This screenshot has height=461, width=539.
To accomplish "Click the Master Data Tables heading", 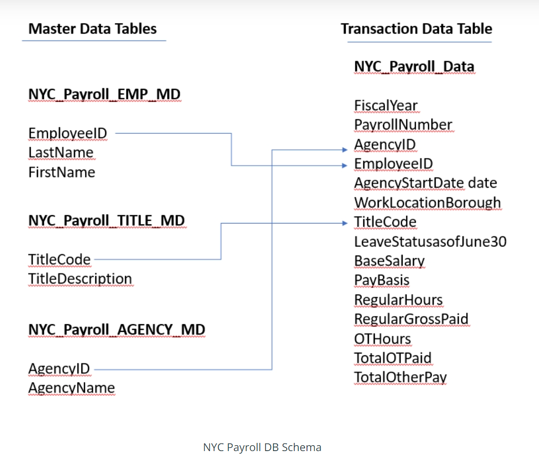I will (x=93, y=29).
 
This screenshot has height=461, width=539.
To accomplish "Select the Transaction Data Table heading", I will (x=416, y=29).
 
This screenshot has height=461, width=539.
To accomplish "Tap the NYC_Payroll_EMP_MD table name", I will (x=104, y=94).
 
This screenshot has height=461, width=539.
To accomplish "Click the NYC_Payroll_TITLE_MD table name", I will (x=107, y=221).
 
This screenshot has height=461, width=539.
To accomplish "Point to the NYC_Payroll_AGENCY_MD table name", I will (x=116, y=330).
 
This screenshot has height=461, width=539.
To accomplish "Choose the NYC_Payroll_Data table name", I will (x=414, y=67).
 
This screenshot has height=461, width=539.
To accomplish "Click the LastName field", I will (x=61, y=153).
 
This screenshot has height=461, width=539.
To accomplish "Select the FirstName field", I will (x=62, y=172).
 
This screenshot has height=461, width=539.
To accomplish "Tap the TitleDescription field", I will (x=80, y=279).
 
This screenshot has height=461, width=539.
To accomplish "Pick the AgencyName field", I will (x=71, y=388).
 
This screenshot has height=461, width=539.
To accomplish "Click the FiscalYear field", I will (x=386, y=106).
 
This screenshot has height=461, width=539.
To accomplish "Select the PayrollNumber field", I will (x=403, y=125).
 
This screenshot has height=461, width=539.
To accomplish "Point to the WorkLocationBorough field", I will (x=427, y=203).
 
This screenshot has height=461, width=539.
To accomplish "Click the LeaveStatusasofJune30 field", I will (x=430, y=242).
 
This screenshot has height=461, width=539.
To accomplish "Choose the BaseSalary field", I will (x=389, y=261).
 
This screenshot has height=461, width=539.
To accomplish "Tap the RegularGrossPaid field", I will (x=411, y=319).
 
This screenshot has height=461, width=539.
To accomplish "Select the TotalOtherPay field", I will (x=400, y=377).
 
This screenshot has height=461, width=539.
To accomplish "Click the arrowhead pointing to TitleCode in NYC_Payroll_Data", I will (x=345, y=223).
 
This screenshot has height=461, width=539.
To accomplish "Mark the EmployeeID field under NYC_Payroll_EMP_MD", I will (x=68, y=133).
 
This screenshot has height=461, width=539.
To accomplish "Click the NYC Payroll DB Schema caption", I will (x=262, y=447).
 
